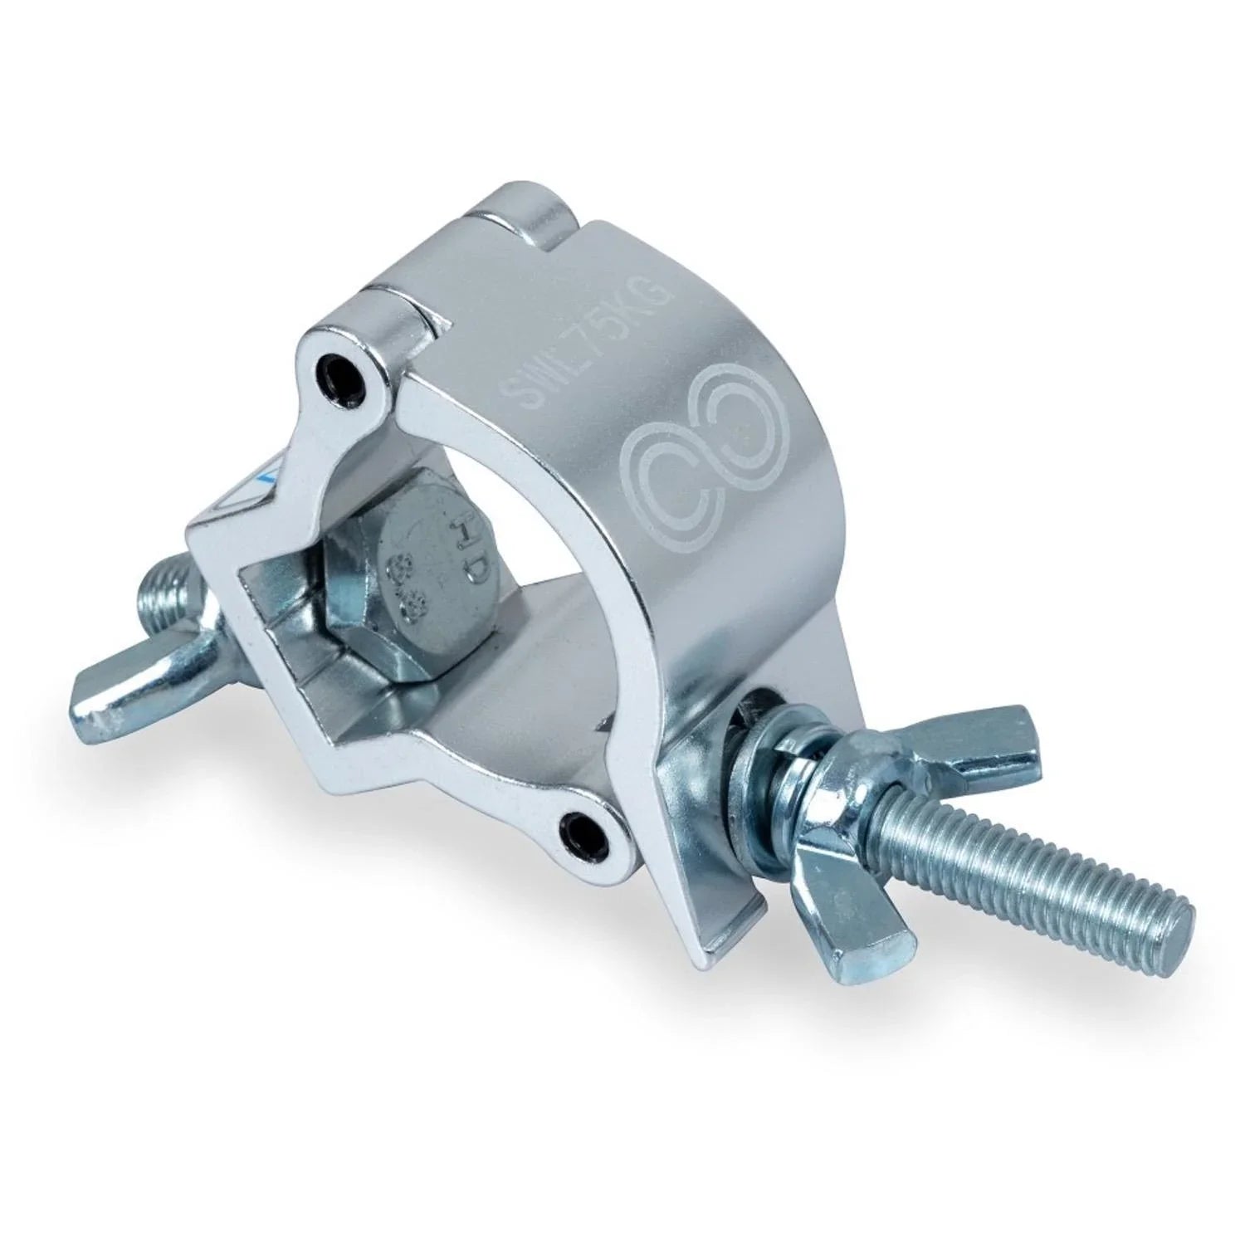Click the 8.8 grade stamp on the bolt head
pos(405,588)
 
